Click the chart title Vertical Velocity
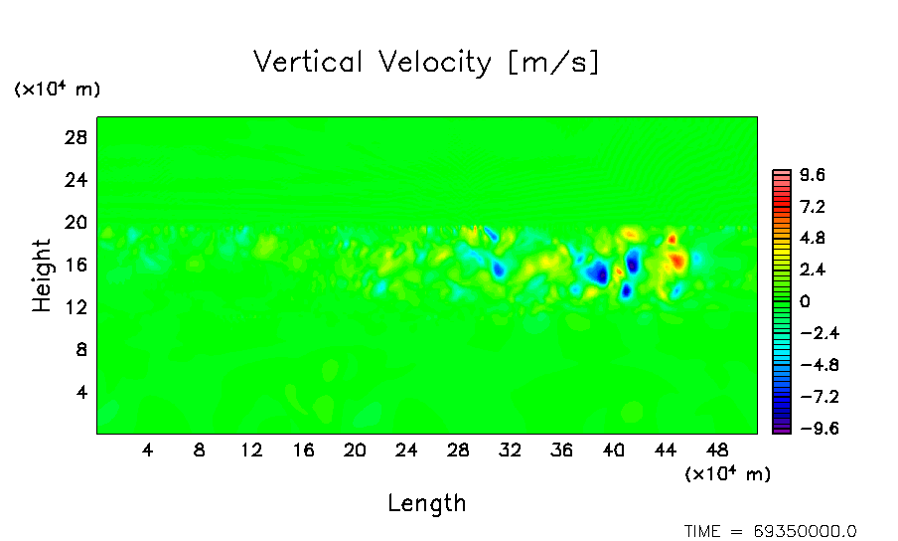427,63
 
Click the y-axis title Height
42,275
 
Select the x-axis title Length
427,503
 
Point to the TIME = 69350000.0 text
771,531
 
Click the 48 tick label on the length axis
717,451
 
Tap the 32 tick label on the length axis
511,451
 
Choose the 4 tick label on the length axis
148,451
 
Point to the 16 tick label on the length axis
303,451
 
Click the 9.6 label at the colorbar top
813,176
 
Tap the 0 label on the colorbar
805,301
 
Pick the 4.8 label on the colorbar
813,239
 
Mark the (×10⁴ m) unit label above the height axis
57,90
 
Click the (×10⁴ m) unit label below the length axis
727,474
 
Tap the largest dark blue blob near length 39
597,271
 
